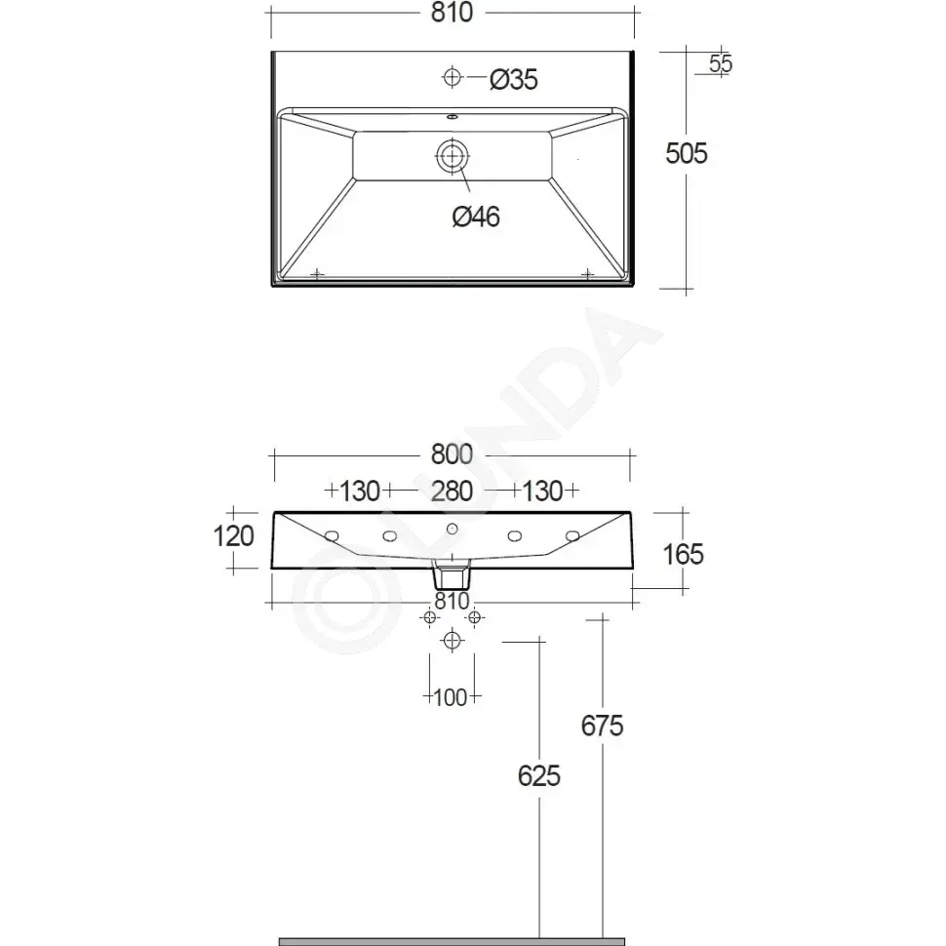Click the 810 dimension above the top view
[452, 13]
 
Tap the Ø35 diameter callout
[513, 80]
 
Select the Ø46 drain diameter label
[476, 217]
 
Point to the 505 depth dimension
[686, 153]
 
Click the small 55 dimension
[721, 63]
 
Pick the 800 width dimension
[452, 454]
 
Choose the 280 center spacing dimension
[452, 492]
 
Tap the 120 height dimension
[233, 535]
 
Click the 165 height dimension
[683, 555]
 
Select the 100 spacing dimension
[450, 697]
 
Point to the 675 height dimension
[602, 726]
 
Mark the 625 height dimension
[538, 776]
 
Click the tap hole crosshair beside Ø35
[452, 77]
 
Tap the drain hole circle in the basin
[452, 156]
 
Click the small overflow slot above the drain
[452, 116]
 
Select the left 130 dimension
[360, 492]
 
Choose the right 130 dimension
[542, 492]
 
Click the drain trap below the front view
[452, 574]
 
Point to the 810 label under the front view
[452, 601]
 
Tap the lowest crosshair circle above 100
[452, 640]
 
